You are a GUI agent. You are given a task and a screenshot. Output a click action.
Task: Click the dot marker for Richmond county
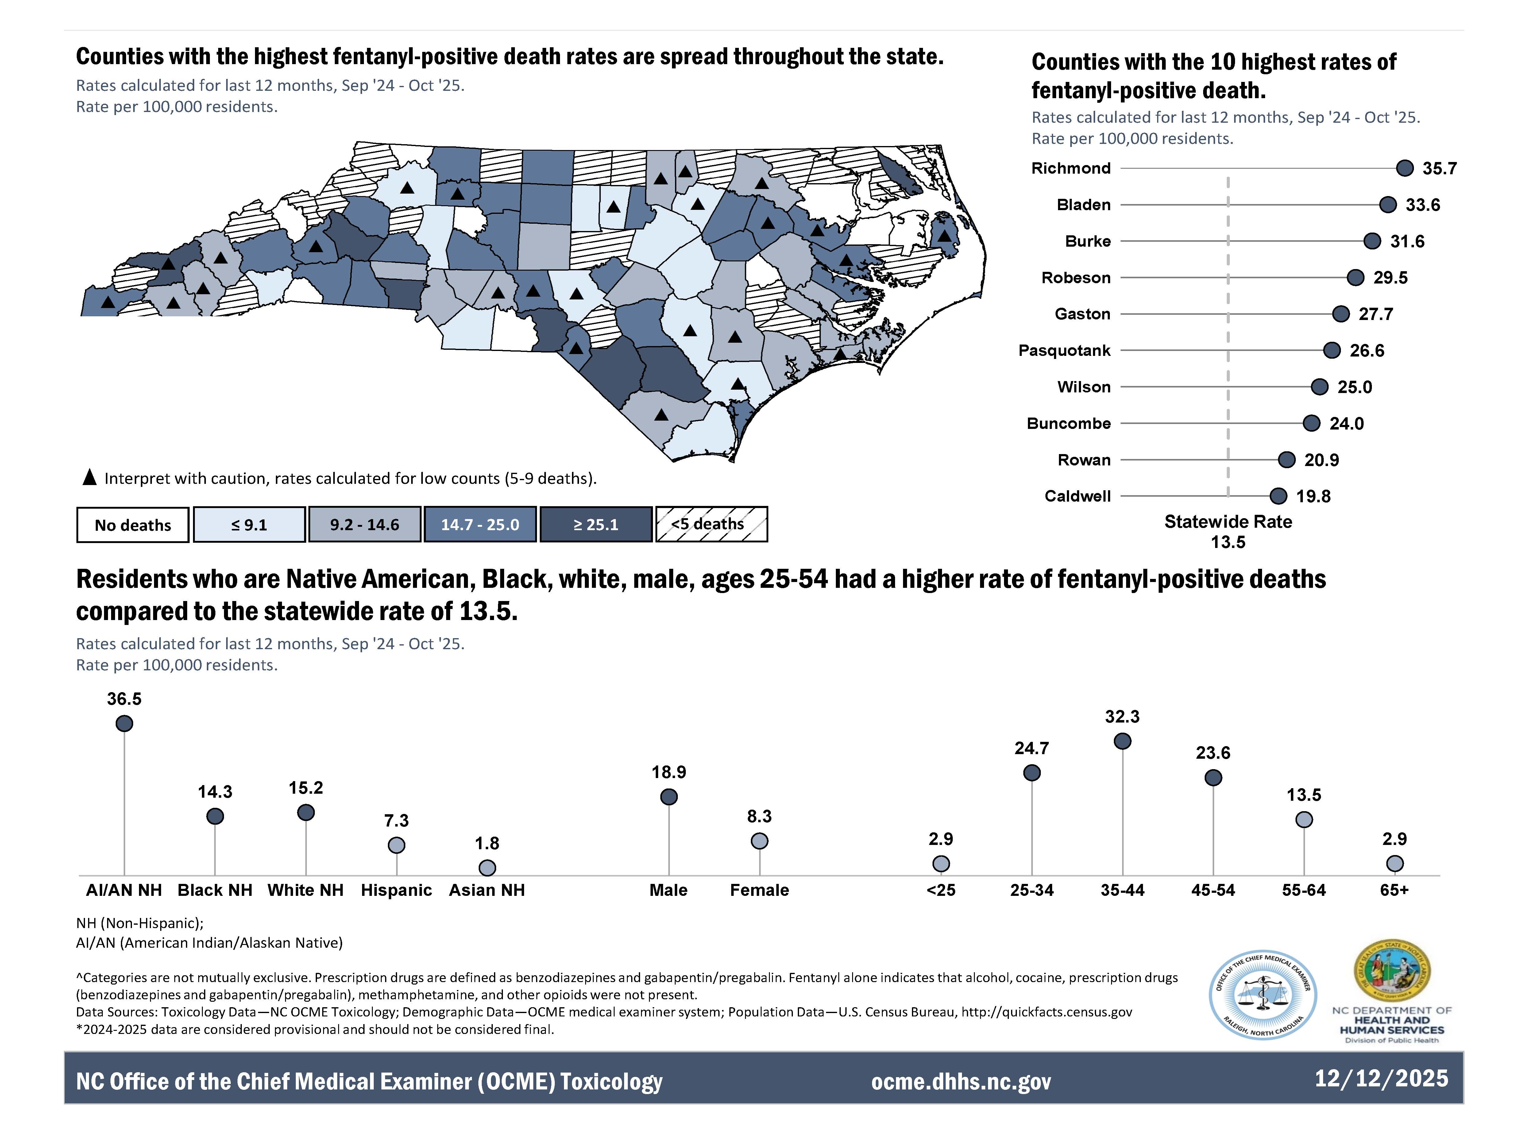[1404, 168]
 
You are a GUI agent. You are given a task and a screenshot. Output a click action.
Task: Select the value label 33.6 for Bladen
[1422, 205]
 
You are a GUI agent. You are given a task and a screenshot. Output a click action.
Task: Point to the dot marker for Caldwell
[1278, 496]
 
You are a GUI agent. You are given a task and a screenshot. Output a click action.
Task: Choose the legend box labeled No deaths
[133, 525]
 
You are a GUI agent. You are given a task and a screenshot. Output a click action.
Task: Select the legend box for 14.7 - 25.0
[480, 524]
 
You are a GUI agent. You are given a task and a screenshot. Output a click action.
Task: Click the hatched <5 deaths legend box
[711, 524]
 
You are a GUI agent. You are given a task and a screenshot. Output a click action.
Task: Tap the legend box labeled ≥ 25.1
[596, 524]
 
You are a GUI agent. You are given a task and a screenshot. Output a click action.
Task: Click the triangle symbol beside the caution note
[90, 478]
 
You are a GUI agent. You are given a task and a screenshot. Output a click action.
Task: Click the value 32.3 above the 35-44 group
[1122, 716]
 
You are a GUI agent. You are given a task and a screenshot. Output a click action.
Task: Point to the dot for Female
[759, 841]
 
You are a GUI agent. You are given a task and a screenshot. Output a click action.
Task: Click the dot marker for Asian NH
[487, 868]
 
